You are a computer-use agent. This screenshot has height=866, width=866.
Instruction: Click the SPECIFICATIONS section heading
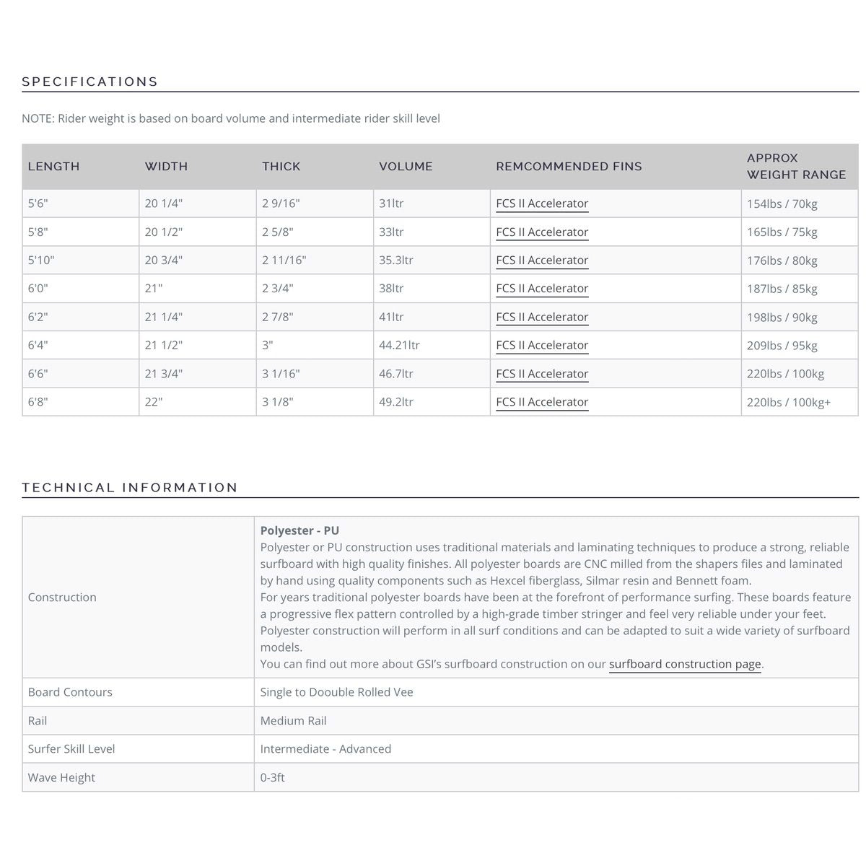[x=89, y=82]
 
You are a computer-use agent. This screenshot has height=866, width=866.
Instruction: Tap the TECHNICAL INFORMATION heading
[x=130, y=488]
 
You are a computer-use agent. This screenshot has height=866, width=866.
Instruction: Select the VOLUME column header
[x=406, y=167]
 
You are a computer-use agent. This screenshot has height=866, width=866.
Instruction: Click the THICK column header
[x=281, y=167]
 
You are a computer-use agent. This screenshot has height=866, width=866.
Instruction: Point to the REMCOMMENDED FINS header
[x=569, y=167]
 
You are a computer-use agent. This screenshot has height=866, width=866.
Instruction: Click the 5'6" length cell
[x=38, y=204]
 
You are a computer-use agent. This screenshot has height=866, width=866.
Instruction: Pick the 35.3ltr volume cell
[x=395, y=261]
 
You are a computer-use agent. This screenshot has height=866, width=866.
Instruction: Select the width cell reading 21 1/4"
[x=164, y=317]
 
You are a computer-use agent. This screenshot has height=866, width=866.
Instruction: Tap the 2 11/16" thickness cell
[x=284, y=261]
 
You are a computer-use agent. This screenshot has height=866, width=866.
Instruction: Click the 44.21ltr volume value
[x=399, y=345]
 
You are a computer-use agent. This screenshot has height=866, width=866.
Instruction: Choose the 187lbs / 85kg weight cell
[x=782, y=289]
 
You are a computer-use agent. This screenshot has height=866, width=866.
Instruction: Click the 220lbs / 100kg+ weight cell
[x=788, y=402]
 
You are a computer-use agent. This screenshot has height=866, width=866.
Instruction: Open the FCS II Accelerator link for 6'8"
[x=542, y=402]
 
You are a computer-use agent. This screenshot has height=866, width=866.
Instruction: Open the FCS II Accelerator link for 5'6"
[x=542, y=204]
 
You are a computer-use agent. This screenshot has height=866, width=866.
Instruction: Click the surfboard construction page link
[x=685, y=664]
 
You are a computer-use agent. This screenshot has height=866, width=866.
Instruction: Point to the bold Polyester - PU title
[x=299, y=531]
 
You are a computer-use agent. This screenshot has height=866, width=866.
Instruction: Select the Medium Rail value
[x=293, y=720]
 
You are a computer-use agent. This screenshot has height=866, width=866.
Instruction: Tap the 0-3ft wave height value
[x=272, y=777]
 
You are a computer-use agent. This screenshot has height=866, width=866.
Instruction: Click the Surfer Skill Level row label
[x=71, y=749]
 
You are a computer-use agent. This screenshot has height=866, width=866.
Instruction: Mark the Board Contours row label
[x=70, y=692]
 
